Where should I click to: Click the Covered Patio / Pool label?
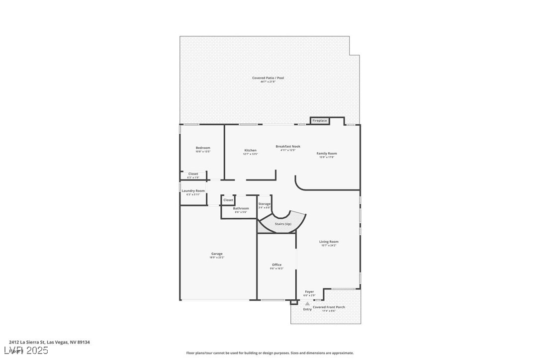click(268, 78)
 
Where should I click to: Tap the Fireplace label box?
click(320, 120)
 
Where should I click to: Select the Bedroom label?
click(203, 148)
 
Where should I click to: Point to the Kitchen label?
click(250, 150)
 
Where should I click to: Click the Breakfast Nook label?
click(288, 146)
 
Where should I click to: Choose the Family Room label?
click(327, 153)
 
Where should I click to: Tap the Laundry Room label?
click(193, 190)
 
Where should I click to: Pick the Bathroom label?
click(241, 208)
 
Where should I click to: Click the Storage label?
click(265, 204)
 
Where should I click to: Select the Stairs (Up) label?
click(283, 224)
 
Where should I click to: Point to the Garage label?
click(217, 254)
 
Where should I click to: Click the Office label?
click(277, 265)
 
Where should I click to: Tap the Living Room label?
click(329, 242)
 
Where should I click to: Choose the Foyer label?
click(309, 292)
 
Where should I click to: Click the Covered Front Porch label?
click(329, 307)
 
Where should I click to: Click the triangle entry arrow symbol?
click(307, 303)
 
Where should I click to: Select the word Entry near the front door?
click(307, 309)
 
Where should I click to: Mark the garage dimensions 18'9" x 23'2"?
click(217, 258)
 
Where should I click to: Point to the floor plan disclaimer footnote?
click(270, 353)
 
